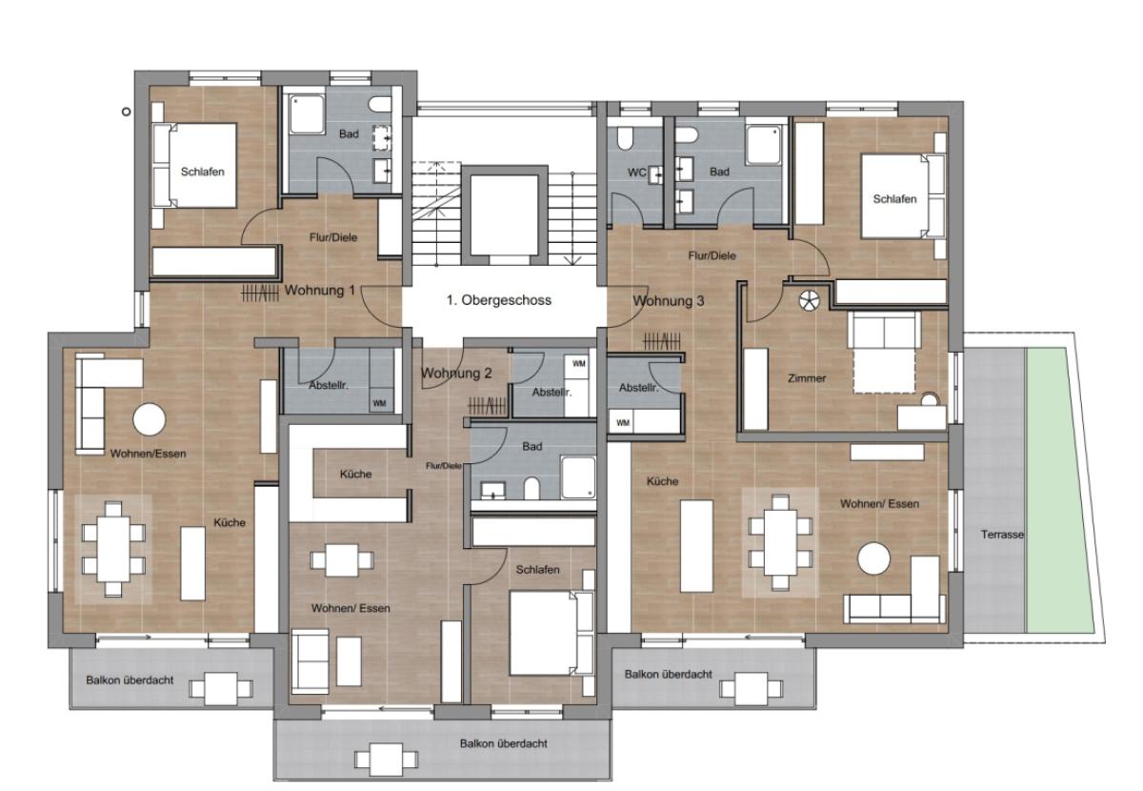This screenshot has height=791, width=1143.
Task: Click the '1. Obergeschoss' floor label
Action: pos(498,300)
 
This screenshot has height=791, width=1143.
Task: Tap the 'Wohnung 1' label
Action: pos(319,291)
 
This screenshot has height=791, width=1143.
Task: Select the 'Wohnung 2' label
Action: pos(456,374)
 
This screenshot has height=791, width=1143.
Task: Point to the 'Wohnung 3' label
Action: pos(669,301)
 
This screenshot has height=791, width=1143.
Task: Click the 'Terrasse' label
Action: pos(1002,535)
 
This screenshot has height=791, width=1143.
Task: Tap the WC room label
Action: pos(637,172)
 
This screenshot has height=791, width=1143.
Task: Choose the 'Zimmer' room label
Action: pos(807,378)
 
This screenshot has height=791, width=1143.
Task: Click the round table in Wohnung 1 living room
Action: pos(150,419)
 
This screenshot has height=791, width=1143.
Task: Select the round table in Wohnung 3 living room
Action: pos(873,558)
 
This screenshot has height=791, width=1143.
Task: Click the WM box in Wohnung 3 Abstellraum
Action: pos(623,423)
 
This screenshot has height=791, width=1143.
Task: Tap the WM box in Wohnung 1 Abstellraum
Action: pos(379,403)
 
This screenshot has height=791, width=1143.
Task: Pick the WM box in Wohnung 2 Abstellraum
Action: pos(579,364)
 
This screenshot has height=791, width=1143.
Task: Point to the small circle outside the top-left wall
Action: pos(126,112)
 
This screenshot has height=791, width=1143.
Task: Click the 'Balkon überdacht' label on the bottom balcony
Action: pos(504,743)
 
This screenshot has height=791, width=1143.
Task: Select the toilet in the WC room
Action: pos(625,138)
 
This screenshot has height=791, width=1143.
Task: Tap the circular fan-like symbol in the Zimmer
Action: pos(809,300)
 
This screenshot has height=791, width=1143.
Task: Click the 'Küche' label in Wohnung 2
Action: pos(355,474)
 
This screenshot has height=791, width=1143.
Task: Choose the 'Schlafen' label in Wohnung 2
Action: pos(537,569)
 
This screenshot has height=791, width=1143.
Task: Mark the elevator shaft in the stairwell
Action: pos(504,215)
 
